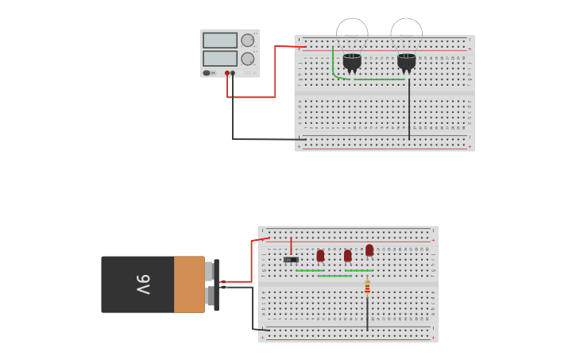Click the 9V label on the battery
143,284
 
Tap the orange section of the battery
189,284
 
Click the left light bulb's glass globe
352,33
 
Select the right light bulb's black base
407,61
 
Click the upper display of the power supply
219,41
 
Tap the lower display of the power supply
219,58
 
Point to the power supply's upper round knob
248,41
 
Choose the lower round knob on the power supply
248,58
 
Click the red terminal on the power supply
227,73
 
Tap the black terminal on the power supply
233,73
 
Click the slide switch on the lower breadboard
291,259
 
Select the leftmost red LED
320,256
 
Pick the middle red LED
347,256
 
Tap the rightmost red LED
369,250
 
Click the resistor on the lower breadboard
367,287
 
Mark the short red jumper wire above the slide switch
291,246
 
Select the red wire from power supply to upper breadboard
275,72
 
